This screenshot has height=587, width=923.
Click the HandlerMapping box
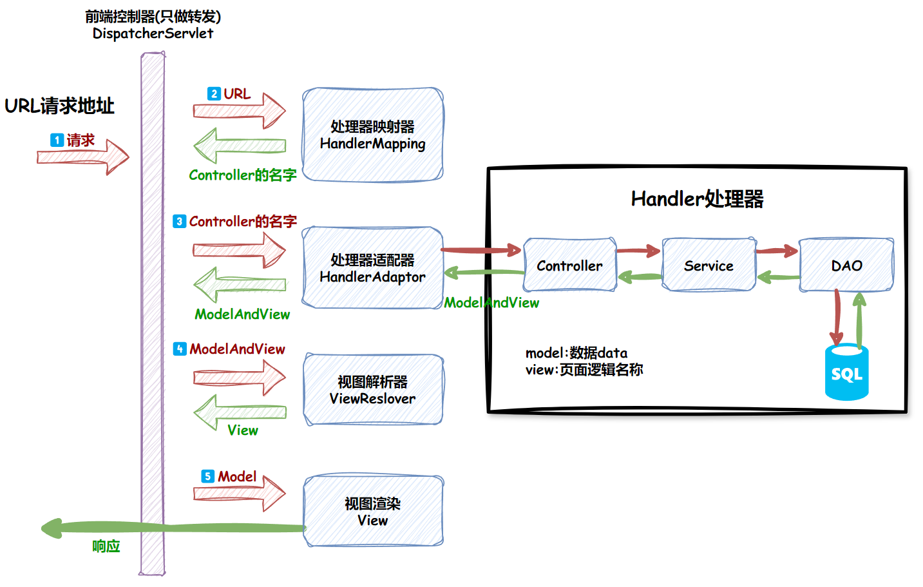pyautogui.click(x=372, y=135)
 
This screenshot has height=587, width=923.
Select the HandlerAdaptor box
pyautogui.click(x=372, y=268)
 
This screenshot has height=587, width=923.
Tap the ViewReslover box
pyautogui.click(x=372, y=390)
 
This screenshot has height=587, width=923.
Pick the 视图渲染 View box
pyautogui.click(x=372, y=512)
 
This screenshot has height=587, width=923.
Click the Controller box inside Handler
pyautogui.click(x=569, y=265)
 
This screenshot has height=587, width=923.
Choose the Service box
pyautogui.click(x=709, y=265)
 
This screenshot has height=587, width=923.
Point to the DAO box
pyautogui.click(x=846, y=265)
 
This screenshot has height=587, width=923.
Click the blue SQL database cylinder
pyautogui.click(x=846, y=373)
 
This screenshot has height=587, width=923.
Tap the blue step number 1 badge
pyautogui.click(x=57, y=140)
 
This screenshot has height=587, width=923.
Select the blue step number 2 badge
pyautogui.click(x=214, y=93)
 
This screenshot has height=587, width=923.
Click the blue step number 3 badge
pyautogui.click(x=179, y=221)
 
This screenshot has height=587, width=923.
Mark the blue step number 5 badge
pyautogui.click(x=207, y=476)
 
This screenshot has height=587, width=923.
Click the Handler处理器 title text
pyautogui.click(x=697, y=198)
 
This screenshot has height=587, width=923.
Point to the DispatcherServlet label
pyautogui.click(x=153, y=34)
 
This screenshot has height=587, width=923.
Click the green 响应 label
pyautogui.click(x=106, y=546)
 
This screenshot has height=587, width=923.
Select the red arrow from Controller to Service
pyautogui.click(x=638, y=251)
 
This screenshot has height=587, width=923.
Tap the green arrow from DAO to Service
pyautogui.click(x=778, y=278)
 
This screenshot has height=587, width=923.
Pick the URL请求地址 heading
pyautogui.click(x=59, y=106)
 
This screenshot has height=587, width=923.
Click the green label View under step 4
pyautogui.click(x=242, y=430)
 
